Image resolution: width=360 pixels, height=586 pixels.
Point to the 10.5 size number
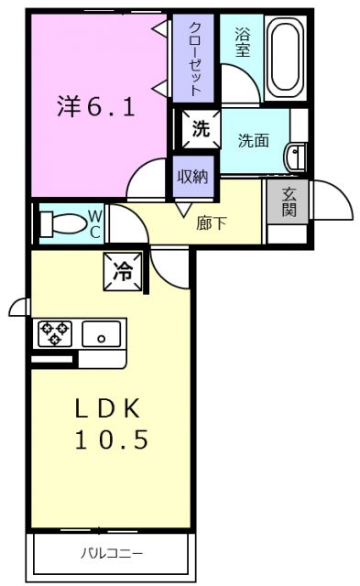[112, 439]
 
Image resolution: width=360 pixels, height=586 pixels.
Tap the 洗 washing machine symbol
[200, 128]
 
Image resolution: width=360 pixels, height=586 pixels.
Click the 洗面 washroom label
[253, 140]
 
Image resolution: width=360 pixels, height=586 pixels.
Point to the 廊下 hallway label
[212, 222]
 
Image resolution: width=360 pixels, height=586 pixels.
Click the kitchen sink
[104, 334]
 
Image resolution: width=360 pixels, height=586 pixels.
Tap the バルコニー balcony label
[112, 552]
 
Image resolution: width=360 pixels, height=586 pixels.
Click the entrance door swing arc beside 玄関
[333, 199]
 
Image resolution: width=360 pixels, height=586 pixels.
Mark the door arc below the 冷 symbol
[169, 265]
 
